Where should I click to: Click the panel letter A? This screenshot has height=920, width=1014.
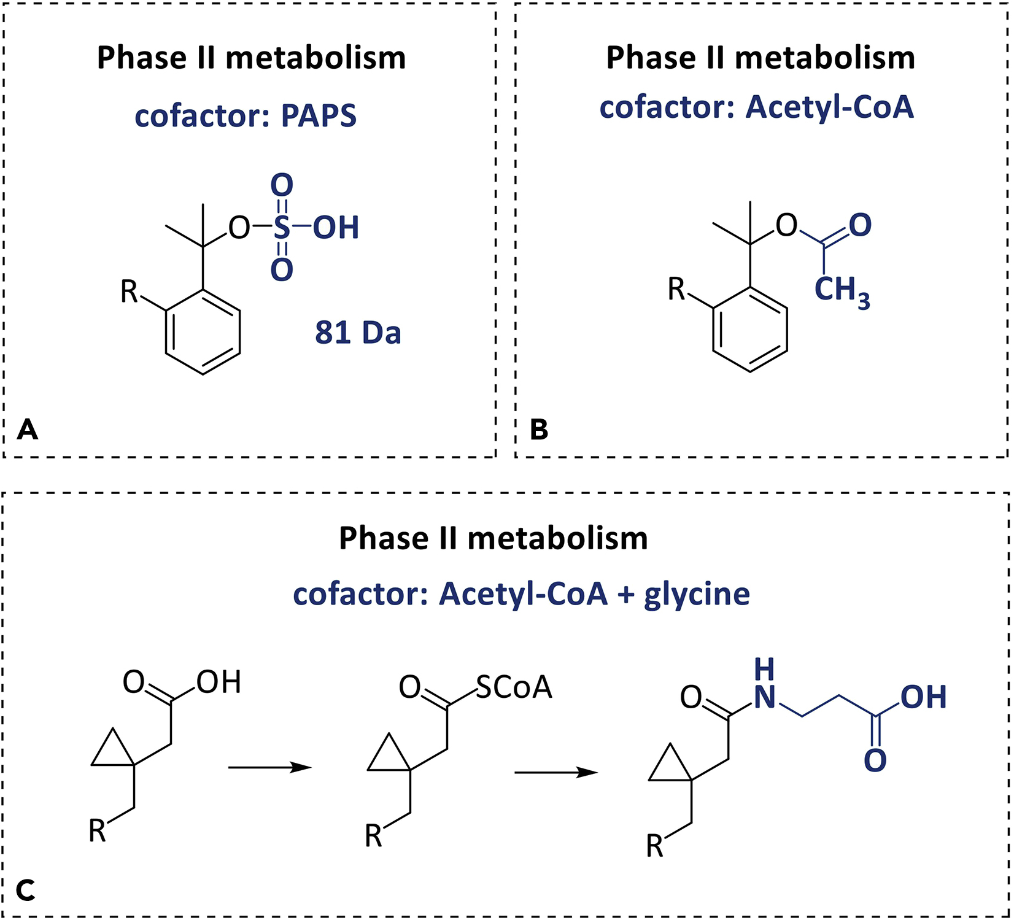coord(28,429)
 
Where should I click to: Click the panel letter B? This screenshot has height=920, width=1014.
coord(539,429)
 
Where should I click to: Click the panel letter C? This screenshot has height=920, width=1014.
coord(26,889)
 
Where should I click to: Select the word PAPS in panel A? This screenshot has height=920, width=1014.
coord(319,116)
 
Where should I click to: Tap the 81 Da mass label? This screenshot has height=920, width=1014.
coord(358,333)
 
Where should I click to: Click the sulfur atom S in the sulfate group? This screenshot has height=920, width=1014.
coord(281,228)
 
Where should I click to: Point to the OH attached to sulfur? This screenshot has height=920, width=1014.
coord(336,228)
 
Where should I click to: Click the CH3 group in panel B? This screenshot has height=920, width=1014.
coord(842,290)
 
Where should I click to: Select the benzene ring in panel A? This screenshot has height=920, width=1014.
coord(203,332)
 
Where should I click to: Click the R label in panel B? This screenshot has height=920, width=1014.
coord(676,289)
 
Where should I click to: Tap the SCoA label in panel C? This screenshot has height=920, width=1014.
coord(514,687)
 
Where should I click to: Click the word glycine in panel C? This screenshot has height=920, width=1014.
coord(697,594)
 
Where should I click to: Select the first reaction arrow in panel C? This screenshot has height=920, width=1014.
coord(269,767)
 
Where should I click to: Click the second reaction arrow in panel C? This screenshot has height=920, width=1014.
coord(555,773)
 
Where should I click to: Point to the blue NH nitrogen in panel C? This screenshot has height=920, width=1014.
coord(765,697)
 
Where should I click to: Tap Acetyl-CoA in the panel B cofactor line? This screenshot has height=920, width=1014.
coord(830,107)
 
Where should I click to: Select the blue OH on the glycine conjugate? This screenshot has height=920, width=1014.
coord(923,697)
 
